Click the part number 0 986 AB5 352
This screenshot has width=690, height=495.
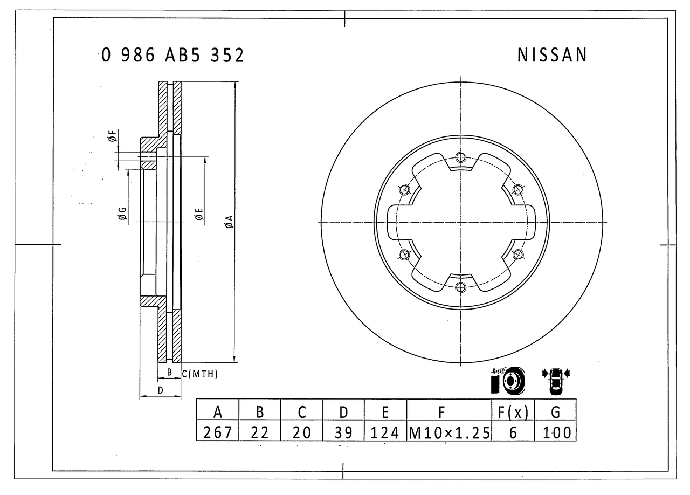coord(172,55)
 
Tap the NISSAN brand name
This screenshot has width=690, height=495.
coord(552,55)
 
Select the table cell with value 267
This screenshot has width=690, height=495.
coord(218,432)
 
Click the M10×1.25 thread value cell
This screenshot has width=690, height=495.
coord(449,432)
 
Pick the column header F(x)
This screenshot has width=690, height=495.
coord(513,412)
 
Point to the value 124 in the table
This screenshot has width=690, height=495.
coord(385,432)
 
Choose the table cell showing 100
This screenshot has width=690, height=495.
coord(555,432)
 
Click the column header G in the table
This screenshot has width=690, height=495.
coord(555,412)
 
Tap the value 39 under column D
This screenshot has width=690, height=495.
coord(343,432)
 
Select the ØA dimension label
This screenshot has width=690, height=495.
coord(229,221)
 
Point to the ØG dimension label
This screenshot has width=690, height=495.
coord(122,214)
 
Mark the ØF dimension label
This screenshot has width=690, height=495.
coord(112,136)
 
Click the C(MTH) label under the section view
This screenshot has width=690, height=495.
coord(200,374)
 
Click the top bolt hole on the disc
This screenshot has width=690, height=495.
coord(460,157)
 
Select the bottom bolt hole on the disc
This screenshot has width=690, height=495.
coord(460,287)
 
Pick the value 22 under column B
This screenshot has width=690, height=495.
coord(260,432)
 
